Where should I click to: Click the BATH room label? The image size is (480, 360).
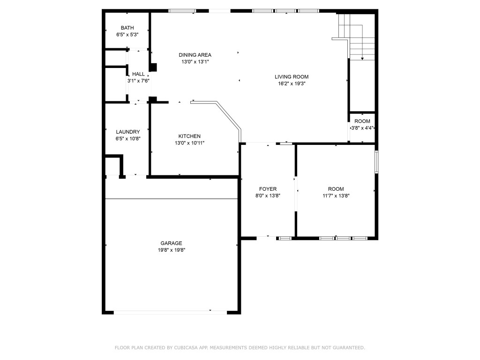[x=127, y=28]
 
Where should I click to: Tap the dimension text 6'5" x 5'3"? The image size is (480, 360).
[x=127, y=35]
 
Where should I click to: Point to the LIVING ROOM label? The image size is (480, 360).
[x=292, y=76]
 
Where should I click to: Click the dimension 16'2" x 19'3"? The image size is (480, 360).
[x=292, y=84]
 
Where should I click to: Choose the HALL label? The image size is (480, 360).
[x=138, y=74]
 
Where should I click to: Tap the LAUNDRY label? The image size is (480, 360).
[x=128, y=132]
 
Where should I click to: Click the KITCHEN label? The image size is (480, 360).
[x=189, y=136]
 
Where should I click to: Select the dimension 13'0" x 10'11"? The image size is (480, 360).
[x=189, y=143]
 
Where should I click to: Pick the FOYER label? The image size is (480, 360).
[x=268, y=189]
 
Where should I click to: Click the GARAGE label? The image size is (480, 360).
[x=171, y=243]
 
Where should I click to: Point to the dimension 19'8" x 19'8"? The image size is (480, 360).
[x=171, y=250]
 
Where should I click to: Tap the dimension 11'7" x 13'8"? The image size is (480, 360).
[x=336, y=196]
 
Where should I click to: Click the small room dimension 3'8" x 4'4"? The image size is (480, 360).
[x=362, y=128]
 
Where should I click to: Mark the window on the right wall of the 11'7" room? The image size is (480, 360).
[x=376, y=162]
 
